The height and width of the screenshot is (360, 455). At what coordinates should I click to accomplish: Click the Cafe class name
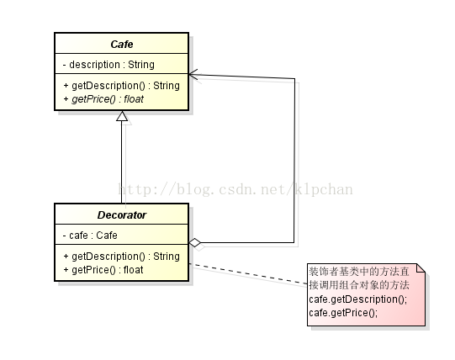tap(122, 44)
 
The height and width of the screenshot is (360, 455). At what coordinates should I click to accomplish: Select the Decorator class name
tap(122, 214)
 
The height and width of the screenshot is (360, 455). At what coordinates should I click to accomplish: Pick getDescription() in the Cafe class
tap(108, 86)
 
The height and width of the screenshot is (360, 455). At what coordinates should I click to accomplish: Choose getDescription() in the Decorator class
tap(108, 257)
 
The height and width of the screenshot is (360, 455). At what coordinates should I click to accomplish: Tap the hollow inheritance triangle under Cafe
tap(122, 116)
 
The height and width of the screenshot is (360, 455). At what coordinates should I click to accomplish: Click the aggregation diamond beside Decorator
tap(195, 242)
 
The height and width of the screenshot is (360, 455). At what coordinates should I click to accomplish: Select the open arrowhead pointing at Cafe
tap(193, 75)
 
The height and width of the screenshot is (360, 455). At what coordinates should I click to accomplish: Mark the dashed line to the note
tap(248, 273)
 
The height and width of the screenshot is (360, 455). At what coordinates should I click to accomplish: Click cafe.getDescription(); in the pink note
tap(358, 299)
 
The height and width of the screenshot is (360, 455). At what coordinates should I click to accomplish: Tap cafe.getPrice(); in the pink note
tap(343, 313)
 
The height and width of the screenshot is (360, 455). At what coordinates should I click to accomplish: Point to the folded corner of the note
tap(421, 268)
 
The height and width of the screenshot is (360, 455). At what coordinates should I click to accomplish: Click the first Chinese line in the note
tap(359, 272)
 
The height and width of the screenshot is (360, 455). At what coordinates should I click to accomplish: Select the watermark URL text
tap(235, 189)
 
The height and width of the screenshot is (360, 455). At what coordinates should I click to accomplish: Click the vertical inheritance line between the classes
tap(122, 162)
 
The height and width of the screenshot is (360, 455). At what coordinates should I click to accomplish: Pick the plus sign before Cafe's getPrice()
tap(66, 99)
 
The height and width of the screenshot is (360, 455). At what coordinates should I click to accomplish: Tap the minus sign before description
tap(65, 65)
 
